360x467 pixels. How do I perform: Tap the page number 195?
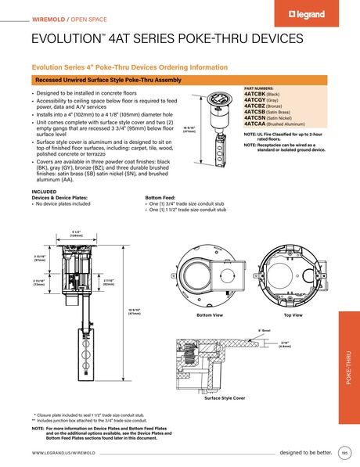(344, 453)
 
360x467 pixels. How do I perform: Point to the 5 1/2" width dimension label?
(77, 232)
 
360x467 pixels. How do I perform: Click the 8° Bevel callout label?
(265, 332)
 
